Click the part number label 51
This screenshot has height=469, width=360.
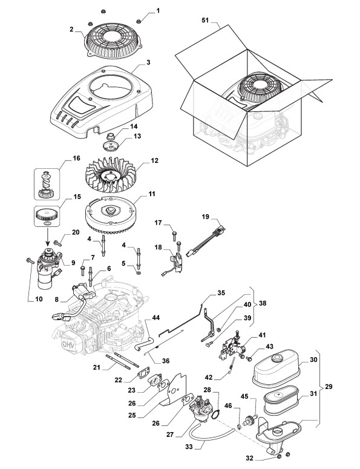pyautogui.click(x=205, y=21)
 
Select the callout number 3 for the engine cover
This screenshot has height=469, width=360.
pyautogui.click(x=148, y=62)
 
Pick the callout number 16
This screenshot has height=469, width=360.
pyautogui.click(x=77, y=158)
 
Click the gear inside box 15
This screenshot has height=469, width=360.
pyautogui.click(x=45, y=214)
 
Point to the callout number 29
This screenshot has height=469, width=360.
pyautogui.click(x=329, y=387)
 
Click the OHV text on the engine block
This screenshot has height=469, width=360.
pyautogui.click(x=68, y=344)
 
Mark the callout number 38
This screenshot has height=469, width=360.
pyautogui.click(x=263, y=303)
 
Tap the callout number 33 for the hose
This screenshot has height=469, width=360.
pyautogui.click(x=189, y=447)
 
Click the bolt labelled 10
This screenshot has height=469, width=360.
pyautogui.click(x=30, y=261)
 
